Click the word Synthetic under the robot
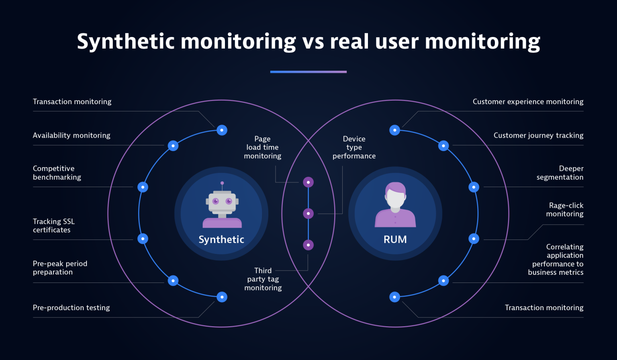click(x=221, y=239)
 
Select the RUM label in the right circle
click(x=395, y=239)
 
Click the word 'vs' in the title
click(x=313, y=41)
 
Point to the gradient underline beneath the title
click(x=308, y=72)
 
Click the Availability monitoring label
click(x=72, y=135)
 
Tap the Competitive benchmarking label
click(x=57, y=173)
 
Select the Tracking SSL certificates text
click(x=54, y=225)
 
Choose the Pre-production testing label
click(x=71, y=307)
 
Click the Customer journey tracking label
click(x=538, y=135)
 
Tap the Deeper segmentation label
click(x=560, y=173)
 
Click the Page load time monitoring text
click(x=263, y=147)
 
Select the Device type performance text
click(x=354, y=147)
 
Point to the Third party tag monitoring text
click(x=263, y=279)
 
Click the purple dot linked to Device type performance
click(x=308, y=213)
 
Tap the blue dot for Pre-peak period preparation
click(x=173, y=280)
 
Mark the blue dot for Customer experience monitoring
click(x=395, y=130)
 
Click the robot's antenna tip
click(x=222, y=183)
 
